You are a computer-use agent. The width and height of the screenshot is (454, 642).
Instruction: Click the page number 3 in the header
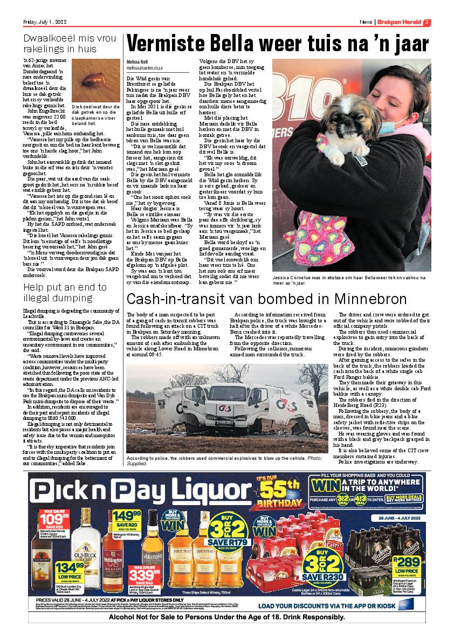(427, 22)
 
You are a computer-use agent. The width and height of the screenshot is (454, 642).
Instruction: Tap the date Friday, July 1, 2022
(44, 22)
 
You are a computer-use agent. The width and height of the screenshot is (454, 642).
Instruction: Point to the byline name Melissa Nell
(137, 62)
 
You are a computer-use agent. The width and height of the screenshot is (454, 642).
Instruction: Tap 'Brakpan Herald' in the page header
(399, 22)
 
